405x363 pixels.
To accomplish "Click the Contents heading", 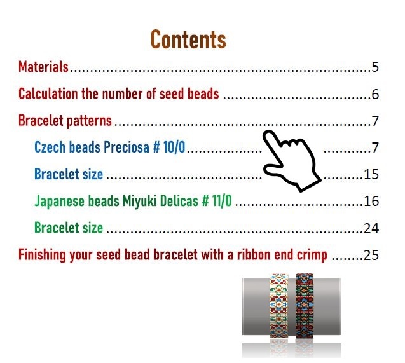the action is click(188, 39).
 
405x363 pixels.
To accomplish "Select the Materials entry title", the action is click(43, 67).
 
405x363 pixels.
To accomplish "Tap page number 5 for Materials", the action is click(375, 67).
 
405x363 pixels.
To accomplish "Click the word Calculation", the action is click(48, 93).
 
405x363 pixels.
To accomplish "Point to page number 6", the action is click(375, 94).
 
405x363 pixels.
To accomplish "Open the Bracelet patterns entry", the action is click(65, 121).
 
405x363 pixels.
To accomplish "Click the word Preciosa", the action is click(127, 147).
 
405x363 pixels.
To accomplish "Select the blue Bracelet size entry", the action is click(69, 174).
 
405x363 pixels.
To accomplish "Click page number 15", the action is click(371, 175).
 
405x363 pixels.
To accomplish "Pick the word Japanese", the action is click(59, 201).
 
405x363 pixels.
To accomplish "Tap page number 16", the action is click(371, 201).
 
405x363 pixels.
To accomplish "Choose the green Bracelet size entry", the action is click(69, 228).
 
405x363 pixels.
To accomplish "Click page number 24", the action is click(371, 228).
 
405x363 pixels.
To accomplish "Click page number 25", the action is click(371, 255).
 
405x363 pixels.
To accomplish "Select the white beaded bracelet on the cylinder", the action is click(278, 306).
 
